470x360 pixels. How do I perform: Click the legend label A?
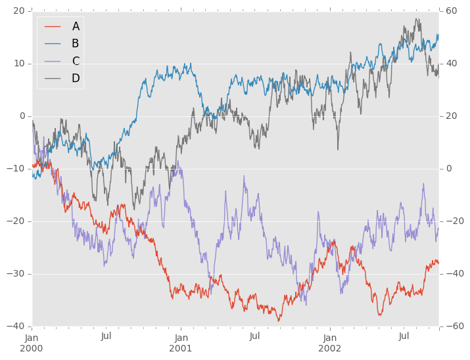[x=76, y=26]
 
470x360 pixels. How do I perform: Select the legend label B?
[x=76, y=43]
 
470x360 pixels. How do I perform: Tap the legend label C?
[x=76, y=61]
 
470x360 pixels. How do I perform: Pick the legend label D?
[x=76, y=79]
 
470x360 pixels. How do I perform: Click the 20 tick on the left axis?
[x=18, y=11]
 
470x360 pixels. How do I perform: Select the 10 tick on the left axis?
[x=18, y=64]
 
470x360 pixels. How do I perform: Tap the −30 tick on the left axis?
[x=14, y=274]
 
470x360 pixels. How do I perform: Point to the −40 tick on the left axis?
[x=14, y=326]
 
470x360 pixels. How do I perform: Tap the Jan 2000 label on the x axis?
[x=32, y=342]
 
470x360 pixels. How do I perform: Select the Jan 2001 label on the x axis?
[x=181, y=342]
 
